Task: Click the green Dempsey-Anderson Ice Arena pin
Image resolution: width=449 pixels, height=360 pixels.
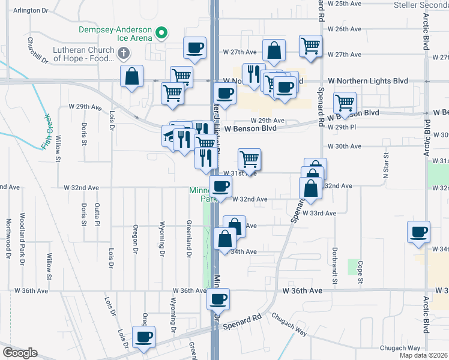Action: pos(160,32)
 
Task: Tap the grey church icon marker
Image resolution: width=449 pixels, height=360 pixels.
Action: pos(124,53)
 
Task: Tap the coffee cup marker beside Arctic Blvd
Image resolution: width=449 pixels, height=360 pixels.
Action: pos(418,232)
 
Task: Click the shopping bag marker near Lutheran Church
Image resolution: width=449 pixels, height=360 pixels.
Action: pos(131,76)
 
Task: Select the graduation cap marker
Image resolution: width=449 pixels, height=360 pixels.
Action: pos(169,136)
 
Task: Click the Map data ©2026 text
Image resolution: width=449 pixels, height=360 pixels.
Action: pos(424,355)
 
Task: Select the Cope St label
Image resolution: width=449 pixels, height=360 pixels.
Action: pos(361,272)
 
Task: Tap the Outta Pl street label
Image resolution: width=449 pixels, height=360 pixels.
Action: pos(97,214)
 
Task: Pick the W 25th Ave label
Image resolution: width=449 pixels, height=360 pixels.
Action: pos(347,4)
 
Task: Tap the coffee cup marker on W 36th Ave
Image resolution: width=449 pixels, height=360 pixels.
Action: pos(217,298)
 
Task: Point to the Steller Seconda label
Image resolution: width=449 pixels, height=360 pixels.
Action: pos(421,5)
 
